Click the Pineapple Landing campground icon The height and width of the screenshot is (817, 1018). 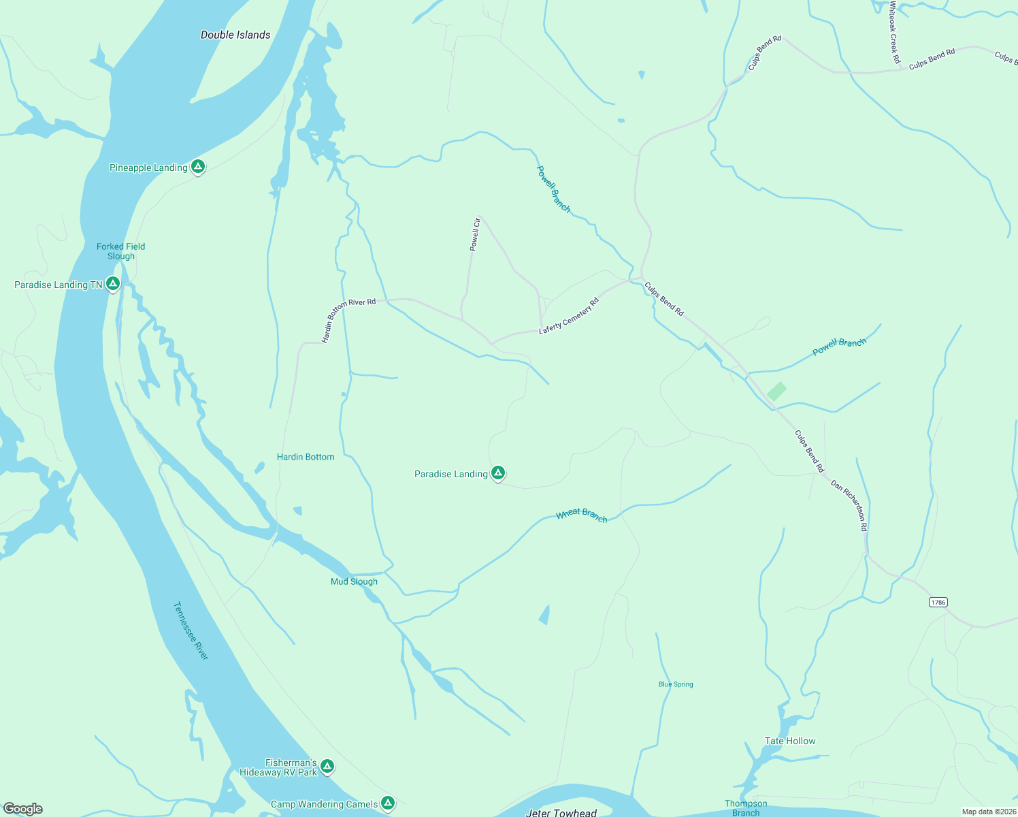(197, 166)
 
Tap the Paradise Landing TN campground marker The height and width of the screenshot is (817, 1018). (113, 284)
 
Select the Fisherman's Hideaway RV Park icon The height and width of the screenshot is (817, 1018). (327, 767)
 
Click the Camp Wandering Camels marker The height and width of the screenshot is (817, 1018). (388, 803)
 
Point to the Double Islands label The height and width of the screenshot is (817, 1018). (235, 35)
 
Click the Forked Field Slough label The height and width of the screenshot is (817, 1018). (120, 251)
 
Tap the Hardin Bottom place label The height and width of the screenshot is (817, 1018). (306, 457)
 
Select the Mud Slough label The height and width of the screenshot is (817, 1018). (354, 581)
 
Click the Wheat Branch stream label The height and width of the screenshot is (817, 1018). (582, 515)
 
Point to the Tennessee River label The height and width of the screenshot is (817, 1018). (191, 630)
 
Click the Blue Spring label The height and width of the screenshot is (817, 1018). (676, 684)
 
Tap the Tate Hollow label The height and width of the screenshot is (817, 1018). (790, 741)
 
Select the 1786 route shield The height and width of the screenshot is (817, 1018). (938, 603)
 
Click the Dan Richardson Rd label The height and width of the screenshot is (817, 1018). (849, 505)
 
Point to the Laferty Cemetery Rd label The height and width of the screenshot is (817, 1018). (569, 316)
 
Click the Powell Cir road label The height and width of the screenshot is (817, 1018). (476, 234)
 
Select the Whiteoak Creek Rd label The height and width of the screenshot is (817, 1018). (894, 33)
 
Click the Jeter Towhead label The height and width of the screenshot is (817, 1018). (561, 812)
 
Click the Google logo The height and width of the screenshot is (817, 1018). (23, 809)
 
